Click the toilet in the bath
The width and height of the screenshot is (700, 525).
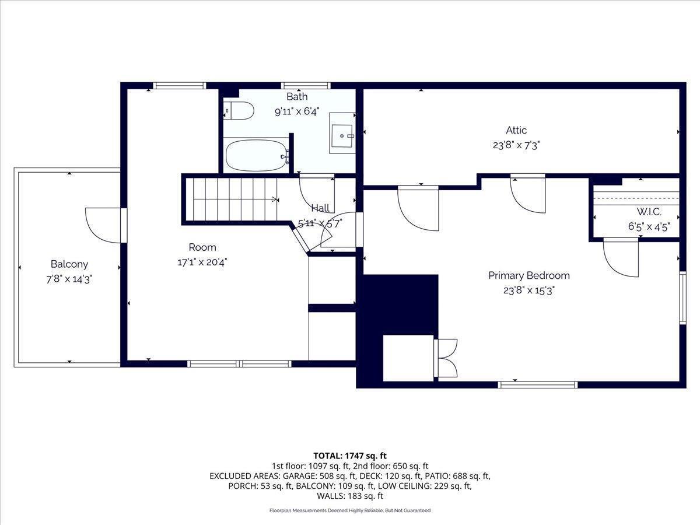pyautogui.click(x=239, y=110)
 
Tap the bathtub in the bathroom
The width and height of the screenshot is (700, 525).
pyautogui.click(x=257, y=156)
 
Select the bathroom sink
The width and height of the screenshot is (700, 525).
pyautogui.click(x=342, y=134)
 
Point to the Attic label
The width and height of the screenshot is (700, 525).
pyautogui.click(x=516, y=131)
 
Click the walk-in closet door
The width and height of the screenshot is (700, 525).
pyautogui.click(x=620, y=257)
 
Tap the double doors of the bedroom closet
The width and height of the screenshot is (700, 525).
pyautogui.click(x=446, y=358)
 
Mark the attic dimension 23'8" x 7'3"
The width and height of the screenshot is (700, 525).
pyautogui.click(x=516, y=146)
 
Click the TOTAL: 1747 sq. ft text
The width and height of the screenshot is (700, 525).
pyautogui.click(x=350, y=456)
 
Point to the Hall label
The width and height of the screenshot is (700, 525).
pyautogui.click(x=320, y=208)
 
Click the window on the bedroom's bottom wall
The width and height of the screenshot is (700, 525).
pyautogui.click(x=538, y=384)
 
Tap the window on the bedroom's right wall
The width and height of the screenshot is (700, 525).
pyautogui.click(x=682, y=297)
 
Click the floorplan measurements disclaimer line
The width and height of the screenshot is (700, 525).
pyautogui.click(x=350, y=510)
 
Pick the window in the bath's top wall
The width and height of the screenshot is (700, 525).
pyautogui.click(x=306, y=86)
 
